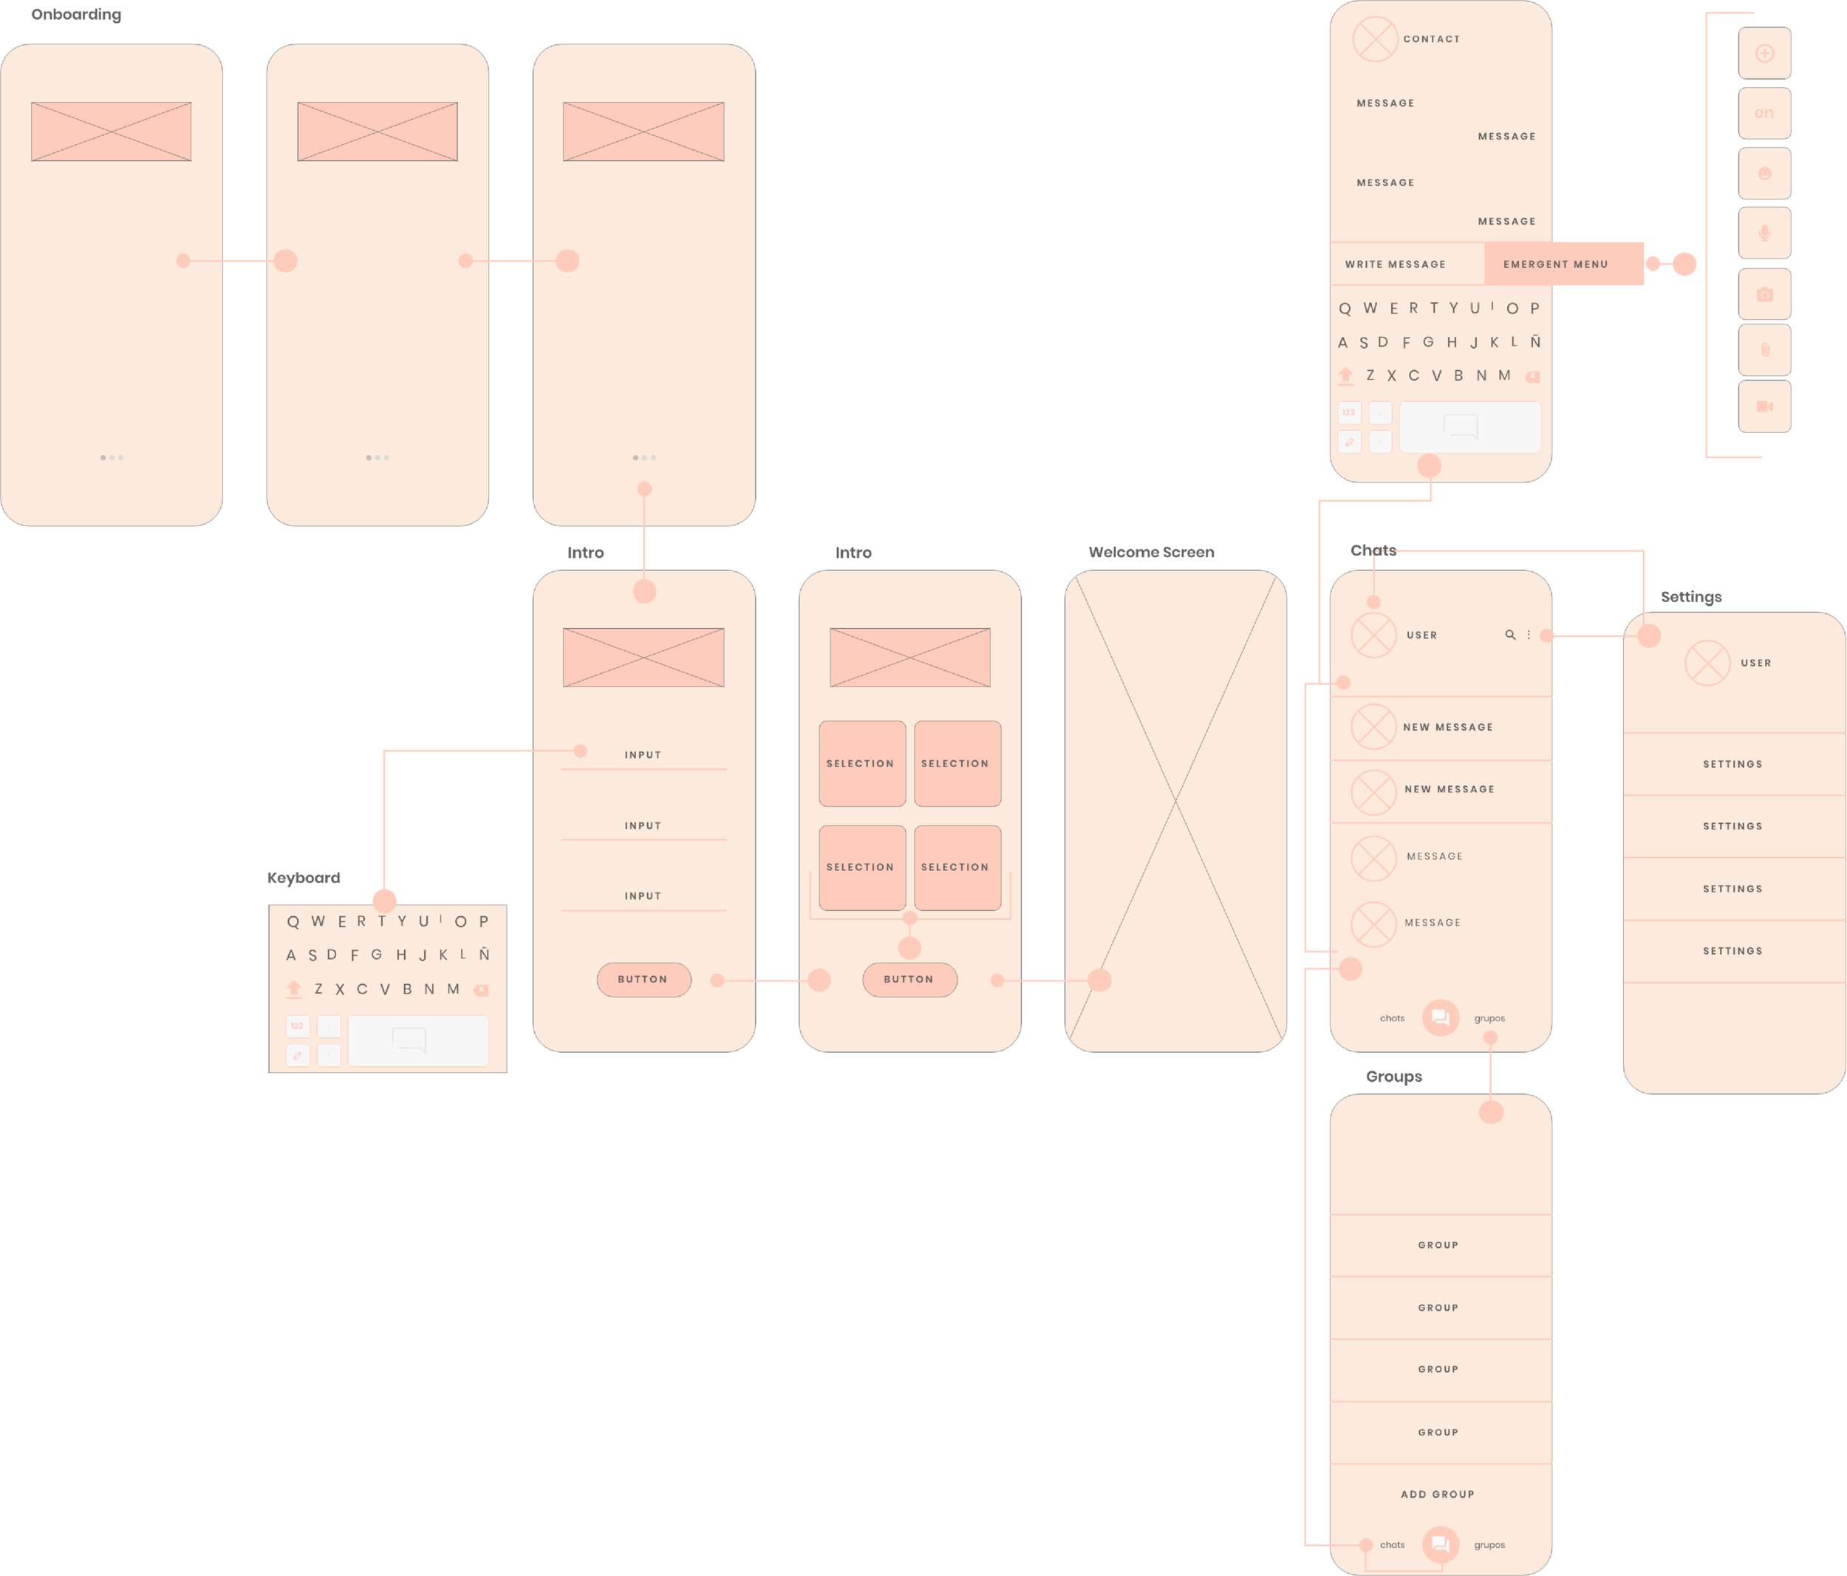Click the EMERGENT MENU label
(x=1554, y=265)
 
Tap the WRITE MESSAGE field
(x=1395, y=265)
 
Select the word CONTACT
(x=1431, y=39)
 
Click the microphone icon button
(x=1764, y=233)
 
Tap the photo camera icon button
(x=1764, y=294)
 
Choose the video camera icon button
(x=1764, y=406)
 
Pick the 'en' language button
(x=1764, y=113)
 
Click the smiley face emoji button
(x=1764, y=174)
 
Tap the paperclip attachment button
(x=1764, y=350)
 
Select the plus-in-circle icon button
(x=1764, y=53)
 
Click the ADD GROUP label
(x=1437, y=1494)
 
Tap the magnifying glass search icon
(x=1510, y=635)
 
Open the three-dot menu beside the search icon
(x=1529, y=635)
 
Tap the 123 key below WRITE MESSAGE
(x=1349, y=413)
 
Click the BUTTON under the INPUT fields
(x=643, y=979)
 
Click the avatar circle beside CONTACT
(x=1375, y=39)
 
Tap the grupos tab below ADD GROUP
(x=1489, y=1545)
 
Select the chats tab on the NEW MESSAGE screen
(x=1391, y=1018)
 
